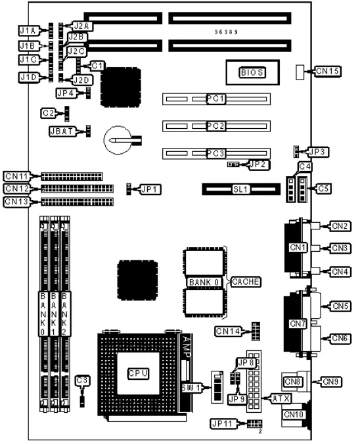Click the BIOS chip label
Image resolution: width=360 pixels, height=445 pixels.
[x=252, y=72]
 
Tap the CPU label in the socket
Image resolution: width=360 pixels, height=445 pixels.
[x=139, y=373]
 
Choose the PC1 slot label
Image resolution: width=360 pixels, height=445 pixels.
[x=215, y=99]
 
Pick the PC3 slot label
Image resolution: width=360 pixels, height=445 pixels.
[x=215, y=153]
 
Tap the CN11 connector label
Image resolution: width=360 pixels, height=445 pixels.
[x=16, y=176]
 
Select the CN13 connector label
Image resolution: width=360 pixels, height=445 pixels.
[x=16, y=201]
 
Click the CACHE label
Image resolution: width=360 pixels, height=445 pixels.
[x=246, y=281]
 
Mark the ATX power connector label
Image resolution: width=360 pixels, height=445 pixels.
[x=279, y=398]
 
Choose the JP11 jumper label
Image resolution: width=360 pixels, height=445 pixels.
[x=222, y=423]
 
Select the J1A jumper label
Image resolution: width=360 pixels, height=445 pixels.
[x=28, y=30]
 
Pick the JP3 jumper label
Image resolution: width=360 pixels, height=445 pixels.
[x=317, y=152]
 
